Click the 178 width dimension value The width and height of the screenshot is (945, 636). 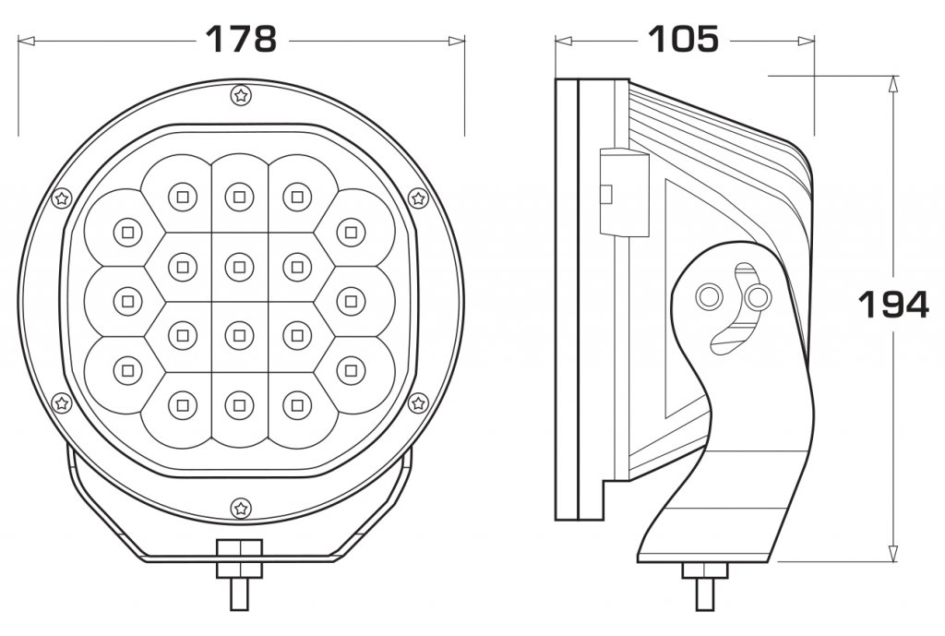coord(241,39)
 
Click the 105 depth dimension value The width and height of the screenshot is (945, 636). coord(684,39)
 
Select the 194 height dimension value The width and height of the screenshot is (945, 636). coord(893,305)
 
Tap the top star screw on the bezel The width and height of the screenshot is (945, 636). coord(241,95)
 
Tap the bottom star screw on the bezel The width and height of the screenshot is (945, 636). coord(241,509)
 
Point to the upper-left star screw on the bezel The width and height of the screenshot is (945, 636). coord(62,198)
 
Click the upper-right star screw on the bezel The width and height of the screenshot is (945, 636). coord(418,198)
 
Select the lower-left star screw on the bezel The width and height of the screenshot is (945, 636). coord(62,402)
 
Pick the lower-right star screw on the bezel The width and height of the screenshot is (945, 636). coord(418,402)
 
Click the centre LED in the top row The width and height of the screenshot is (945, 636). coord(239,197)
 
